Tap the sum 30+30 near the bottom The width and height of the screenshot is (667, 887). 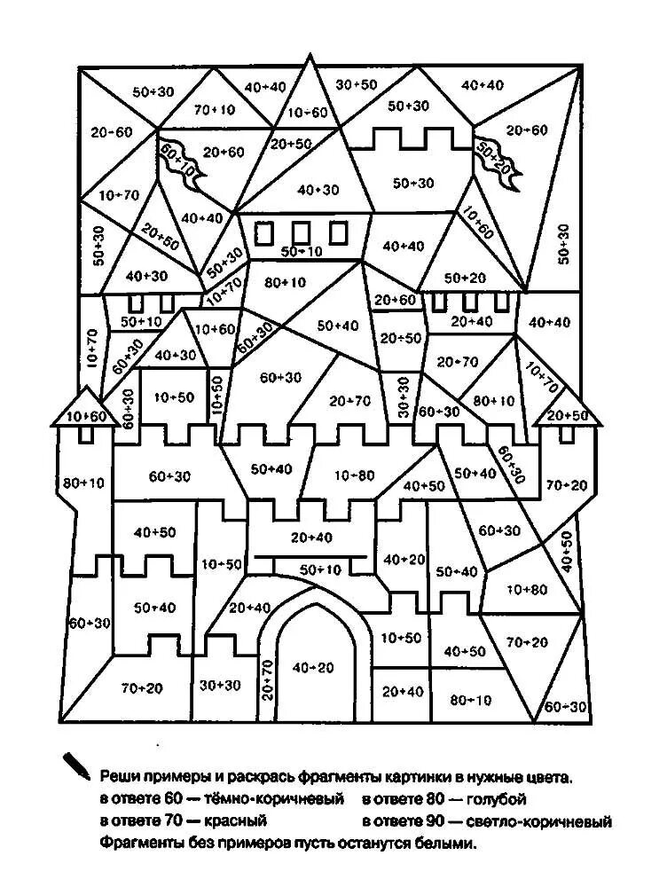219,686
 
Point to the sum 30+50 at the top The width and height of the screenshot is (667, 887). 357,84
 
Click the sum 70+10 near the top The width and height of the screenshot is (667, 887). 215,110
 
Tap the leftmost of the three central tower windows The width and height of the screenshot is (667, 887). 264,232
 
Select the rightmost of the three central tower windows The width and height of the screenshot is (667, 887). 338,232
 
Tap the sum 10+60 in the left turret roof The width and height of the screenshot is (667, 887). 85,416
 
